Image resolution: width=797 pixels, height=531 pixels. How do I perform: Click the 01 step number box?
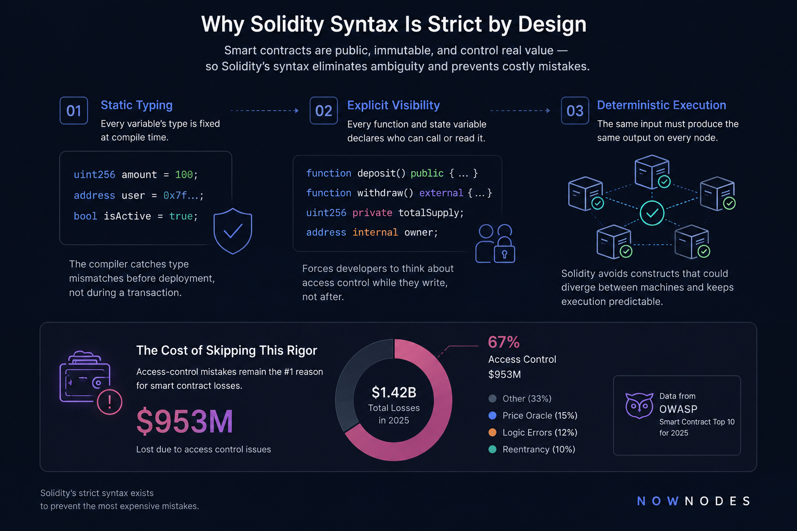click(x=74, y=110)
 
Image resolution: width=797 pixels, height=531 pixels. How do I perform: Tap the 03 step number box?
click(x=574, y=110)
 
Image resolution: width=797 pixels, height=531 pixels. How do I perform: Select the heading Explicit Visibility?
click(x=393, y=105)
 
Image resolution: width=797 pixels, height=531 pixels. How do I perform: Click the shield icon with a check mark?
click(x=232, y=231)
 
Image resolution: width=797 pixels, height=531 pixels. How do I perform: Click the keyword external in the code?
click(x=441, y=193)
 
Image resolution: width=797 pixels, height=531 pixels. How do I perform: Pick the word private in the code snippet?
click(x=372, y=213)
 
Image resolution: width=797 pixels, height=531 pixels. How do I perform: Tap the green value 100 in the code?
click(x=184, y=175)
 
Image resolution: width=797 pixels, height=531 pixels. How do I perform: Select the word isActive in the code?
click(x=127, y=216)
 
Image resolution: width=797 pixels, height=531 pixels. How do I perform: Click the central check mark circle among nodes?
click(x=652, y=213)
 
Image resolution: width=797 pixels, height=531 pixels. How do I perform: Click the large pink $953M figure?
click(x=184, y=422)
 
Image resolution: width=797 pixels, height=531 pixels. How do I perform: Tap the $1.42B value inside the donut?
click(x=394, y=393)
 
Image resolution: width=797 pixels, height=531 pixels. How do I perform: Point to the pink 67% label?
click(x=504, y=342)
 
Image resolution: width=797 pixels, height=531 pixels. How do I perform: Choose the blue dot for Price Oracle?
click(x=492, y=415)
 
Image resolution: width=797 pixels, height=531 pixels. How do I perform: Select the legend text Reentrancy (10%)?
click(x=539, y=450)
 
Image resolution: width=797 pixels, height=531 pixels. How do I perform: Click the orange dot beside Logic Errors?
click(x=492, y=432)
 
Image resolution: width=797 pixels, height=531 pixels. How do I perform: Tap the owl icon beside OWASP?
click(x=639, y=406)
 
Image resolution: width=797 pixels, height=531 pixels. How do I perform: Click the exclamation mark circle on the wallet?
click(x=109, y=402)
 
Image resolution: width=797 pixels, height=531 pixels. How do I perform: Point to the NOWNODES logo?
click(x=693, y=501)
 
